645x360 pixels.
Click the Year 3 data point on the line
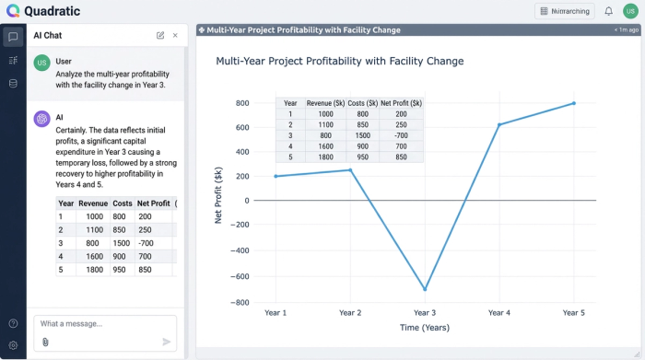pos(425,289)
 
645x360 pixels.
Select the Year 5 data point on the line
pos(574,103)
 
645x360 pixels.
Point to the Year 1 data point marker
pos(276,176)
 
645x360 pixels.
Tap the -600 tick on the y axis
pos(239,276)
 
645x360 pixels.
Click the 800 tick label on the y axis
pos(241,103)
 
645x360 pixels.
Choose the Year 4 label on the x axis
pos(498,313)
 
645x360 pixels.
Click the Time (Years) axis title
pos(425,328)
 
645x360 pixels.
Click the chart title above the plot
pos(339,62)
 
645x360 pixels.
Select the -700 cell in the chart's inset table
pos(400,135)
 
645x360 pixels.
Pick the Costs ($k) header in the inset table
pos(358,103)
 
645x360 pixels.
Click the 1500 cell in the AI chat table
pos(121,243)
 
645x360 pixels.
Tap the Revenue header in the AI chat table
pos(93,203)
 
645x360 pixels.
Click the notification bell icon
pos(608,11)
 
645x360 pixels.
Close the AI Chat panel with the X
pos(175,35)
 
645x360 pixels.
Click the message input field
pos(104,324)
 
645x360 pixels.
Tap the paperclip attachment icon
pos(45,342)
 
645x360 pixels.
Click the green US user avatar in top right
pos(630,11)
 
